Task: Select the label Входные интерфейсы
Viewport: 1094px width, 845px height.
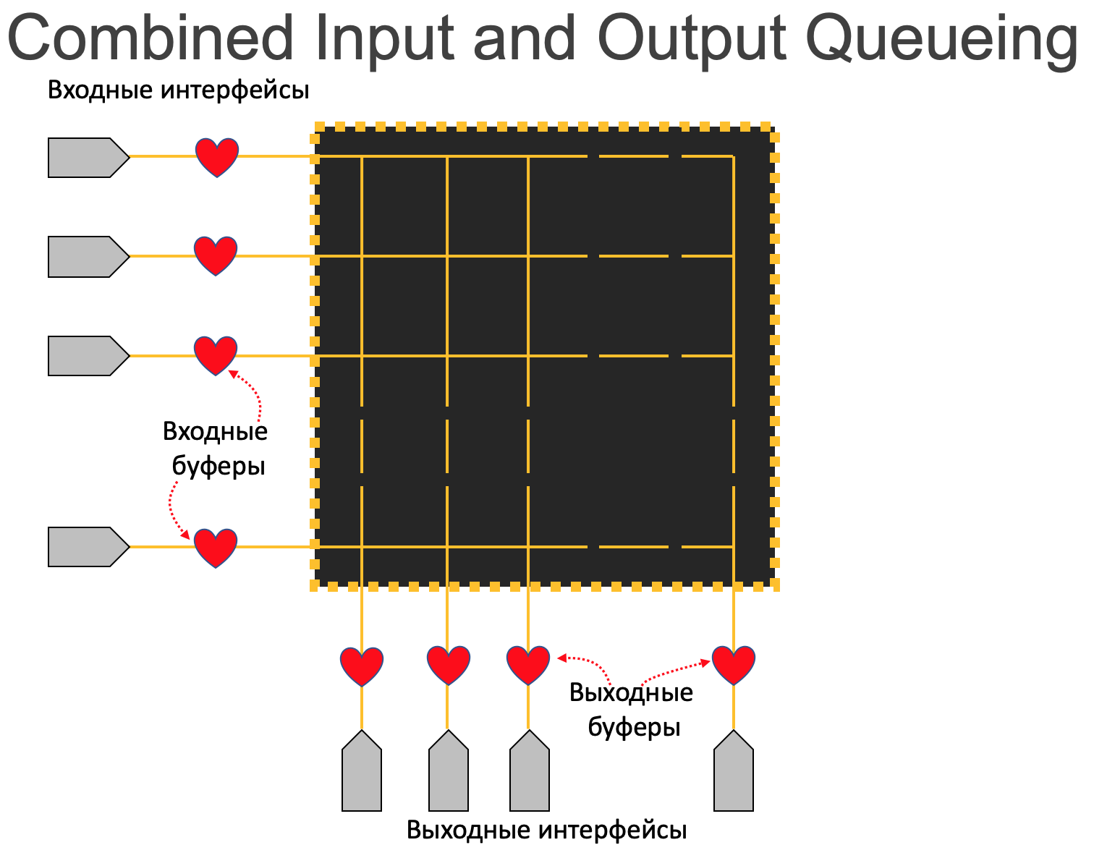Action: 178,90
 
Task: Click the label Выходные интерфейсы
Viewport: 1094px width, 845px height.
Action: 546,829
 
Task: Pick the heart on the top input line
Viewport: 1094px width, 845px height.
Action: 217,156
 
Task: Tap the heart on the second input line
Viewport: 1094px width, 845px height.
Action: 216,255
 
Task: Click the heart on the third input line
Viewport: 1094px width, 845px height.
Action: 216,354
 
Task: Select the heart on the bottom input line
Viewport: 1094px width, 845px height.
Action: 216,547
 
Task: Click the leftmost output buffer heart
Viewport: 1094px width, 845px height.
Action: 362,665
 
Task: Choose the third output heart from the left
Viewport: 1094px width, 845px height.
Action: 528,664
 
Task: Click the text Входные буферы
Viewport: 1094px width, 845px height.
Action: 216,449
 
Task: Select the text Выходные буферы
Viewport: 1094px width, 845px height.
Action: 632,709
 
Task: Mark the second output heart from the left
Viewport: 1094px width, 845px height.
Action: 448,664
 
